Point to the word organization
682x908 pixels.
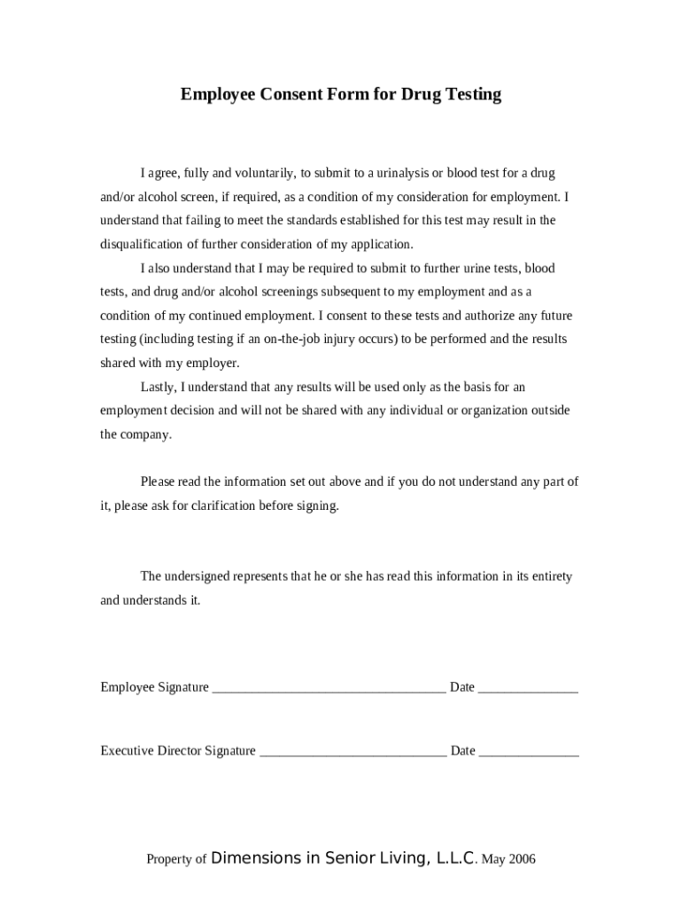(x=496, y=411)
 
